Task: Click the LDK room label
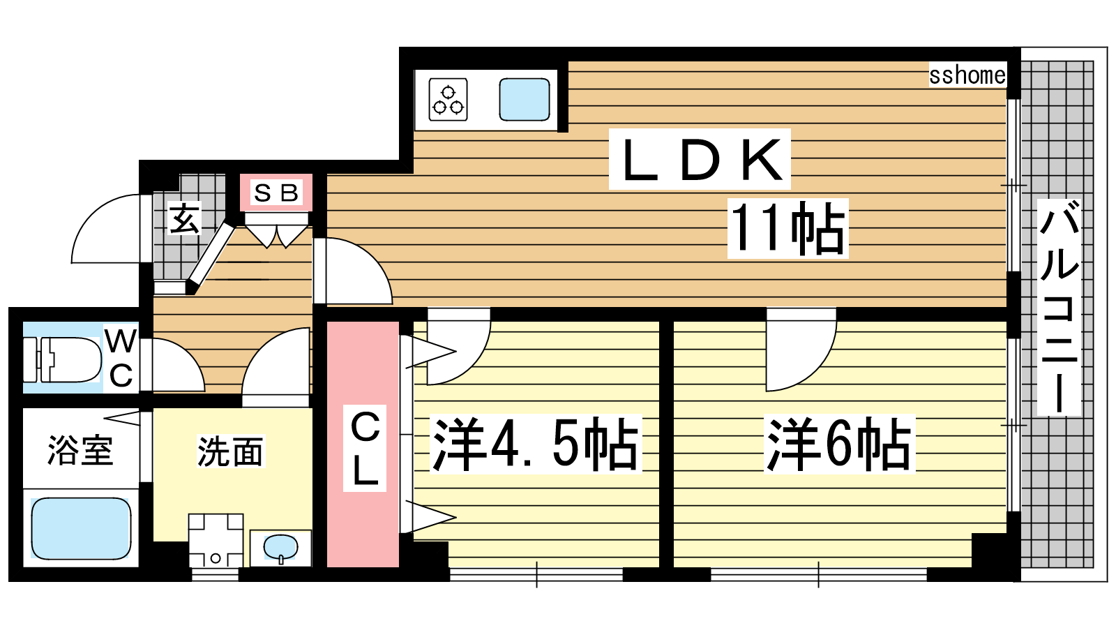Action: click(700, 160)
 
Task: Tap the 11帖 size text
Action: click(788, 228)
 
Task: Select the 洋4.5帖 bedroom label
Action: click(536, 444)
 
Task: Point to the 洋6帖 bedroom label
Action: click(839, 444)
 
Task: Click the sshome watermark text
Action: click(967, 75)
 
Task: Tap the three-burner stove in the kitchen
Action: click(448, 99)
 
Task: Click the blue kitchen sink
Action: click(525, 99)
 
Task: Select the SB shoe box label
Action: click(276, 193)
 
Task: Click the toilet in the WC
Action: click(62, 359)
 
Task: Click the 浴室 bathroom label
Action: click(80, 450)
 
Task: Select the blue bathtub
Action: click(81, 528)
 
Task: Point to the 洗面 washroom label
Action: click(229, 451)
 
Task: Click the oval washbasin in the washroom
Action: click(280, 546)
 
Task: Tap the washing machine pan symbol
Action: click(216, 541)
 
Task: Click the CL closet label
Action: click(365, 448)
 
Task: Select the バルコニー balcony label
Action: click(1060, 307)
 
